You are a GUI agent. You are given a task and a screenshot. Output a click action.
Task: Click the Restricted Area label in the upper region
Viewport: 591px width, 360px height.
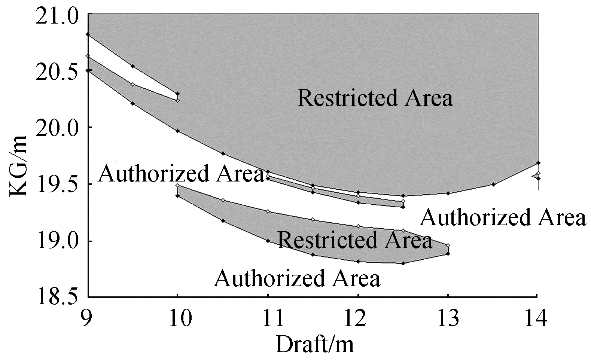coord(375,98)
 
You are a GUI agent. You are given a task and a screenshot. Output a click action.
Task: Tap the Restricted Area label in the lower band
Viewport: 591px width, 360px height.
coord(355,240)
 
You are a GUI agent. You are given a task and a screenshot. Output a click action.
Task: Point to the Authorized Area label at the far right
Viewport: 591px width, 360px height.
coord(502,217)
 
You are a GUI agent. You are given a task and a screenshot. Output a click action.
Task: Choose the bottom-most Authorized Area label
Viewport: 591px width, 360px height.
coord(297,278)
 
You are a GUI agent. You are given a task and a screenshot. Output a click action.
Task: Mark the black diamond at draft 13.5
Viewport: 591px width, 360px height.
coord(493,184)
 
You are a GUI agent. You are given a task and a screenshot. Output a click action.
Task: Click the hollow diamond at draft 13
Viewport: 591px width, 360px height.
coord(448,245)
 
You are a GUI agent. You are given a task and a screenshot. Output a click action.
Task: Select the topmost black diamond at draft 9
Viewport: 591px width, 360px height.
coord(88,34)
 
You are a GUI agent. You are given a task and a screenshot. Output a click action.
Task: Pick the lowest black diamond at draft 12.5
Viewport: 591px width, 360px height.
coord(403,263)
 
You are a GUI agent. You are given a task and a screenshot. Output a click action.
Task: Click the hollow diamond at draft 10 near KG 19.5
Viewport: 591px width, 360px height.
coord(178,185)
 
